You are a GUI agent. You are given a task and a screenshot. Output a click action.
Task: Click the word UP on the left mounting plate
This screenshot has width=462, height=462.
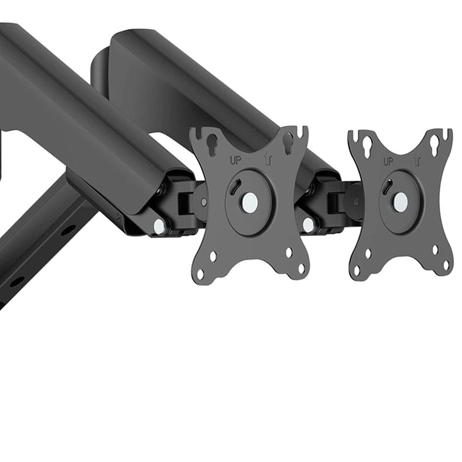236,160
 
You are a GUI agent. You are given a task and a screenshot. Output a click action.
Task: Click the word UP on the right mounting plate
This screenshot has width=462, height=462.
388,161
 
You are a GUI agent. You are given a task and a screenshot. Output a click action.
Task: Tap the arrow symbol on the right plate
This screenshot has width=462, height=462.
417,161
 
